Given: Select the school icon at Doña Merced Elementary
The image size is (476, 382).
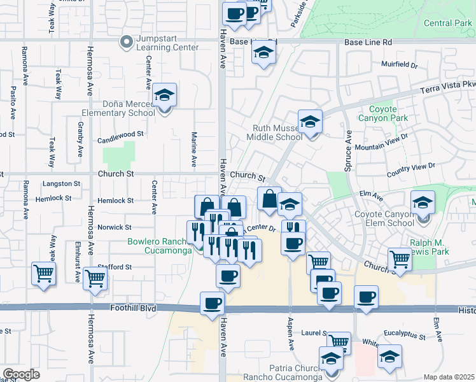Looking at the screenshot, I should (165, 96).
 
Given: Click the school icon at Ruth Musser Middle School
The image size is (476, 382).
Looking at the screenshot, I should (310, 122).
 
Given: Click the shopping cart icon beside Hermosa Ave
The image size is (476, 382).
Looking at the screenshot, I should (95, 278).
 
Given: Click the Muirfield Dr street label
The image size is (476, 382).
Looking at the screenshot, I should (399, 65).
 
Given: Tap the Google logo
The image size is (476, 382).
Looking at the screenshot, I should (21, 374).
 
